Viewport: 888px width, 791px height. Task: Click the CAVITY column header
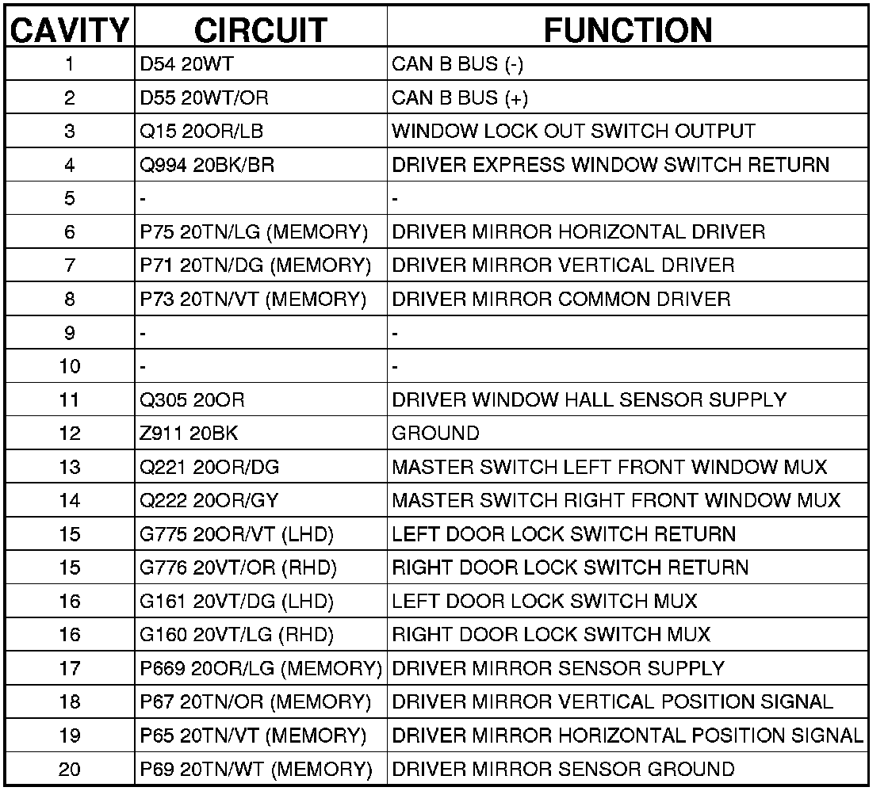click(69, 30)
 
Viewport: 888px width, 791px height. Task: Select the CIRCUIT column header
click(260, 30)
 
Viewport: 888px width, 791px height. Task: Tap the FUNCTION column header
click(627, 30)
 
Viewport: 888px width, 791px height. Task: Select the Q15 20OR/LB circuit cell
click(201, 132)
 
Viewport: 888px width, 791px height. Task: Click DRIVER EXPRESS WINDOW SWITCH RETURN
click(610, 166)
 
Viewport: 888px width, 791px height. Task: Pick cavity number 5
click(69, 199)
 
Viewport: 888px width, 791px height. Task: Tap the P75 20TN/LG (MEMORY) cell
click(254, 232)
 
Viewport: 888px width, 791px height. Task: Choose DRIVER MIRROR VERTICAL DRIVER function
click(563, 266)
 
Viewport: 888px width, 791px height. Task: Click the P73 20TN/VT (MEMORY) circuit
click(253, 300)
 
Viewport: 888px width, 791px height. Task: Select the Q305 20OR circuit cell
click(192, 400)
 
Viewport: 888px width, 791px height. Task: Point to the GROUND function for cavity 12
click(435, 434)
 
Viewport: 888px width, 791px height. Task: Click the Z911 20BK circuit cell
click(188, 434)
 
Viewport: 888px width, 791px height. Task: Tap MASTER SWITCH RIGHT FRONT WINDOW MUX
click(616, 501)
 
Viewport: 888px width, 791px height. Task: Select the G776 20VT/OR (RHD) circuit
click(238, 567)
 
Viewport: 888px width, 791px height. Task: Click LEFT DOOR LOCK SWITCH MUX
click(545, 602)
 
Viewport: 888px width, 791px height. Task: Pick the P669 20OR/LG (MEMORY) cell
click(261, 668)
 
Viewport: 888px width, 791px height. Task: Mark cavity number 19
click(69, 735)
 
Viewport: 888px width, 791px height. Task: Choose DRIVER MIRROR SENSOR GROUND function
click(563, 769)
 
